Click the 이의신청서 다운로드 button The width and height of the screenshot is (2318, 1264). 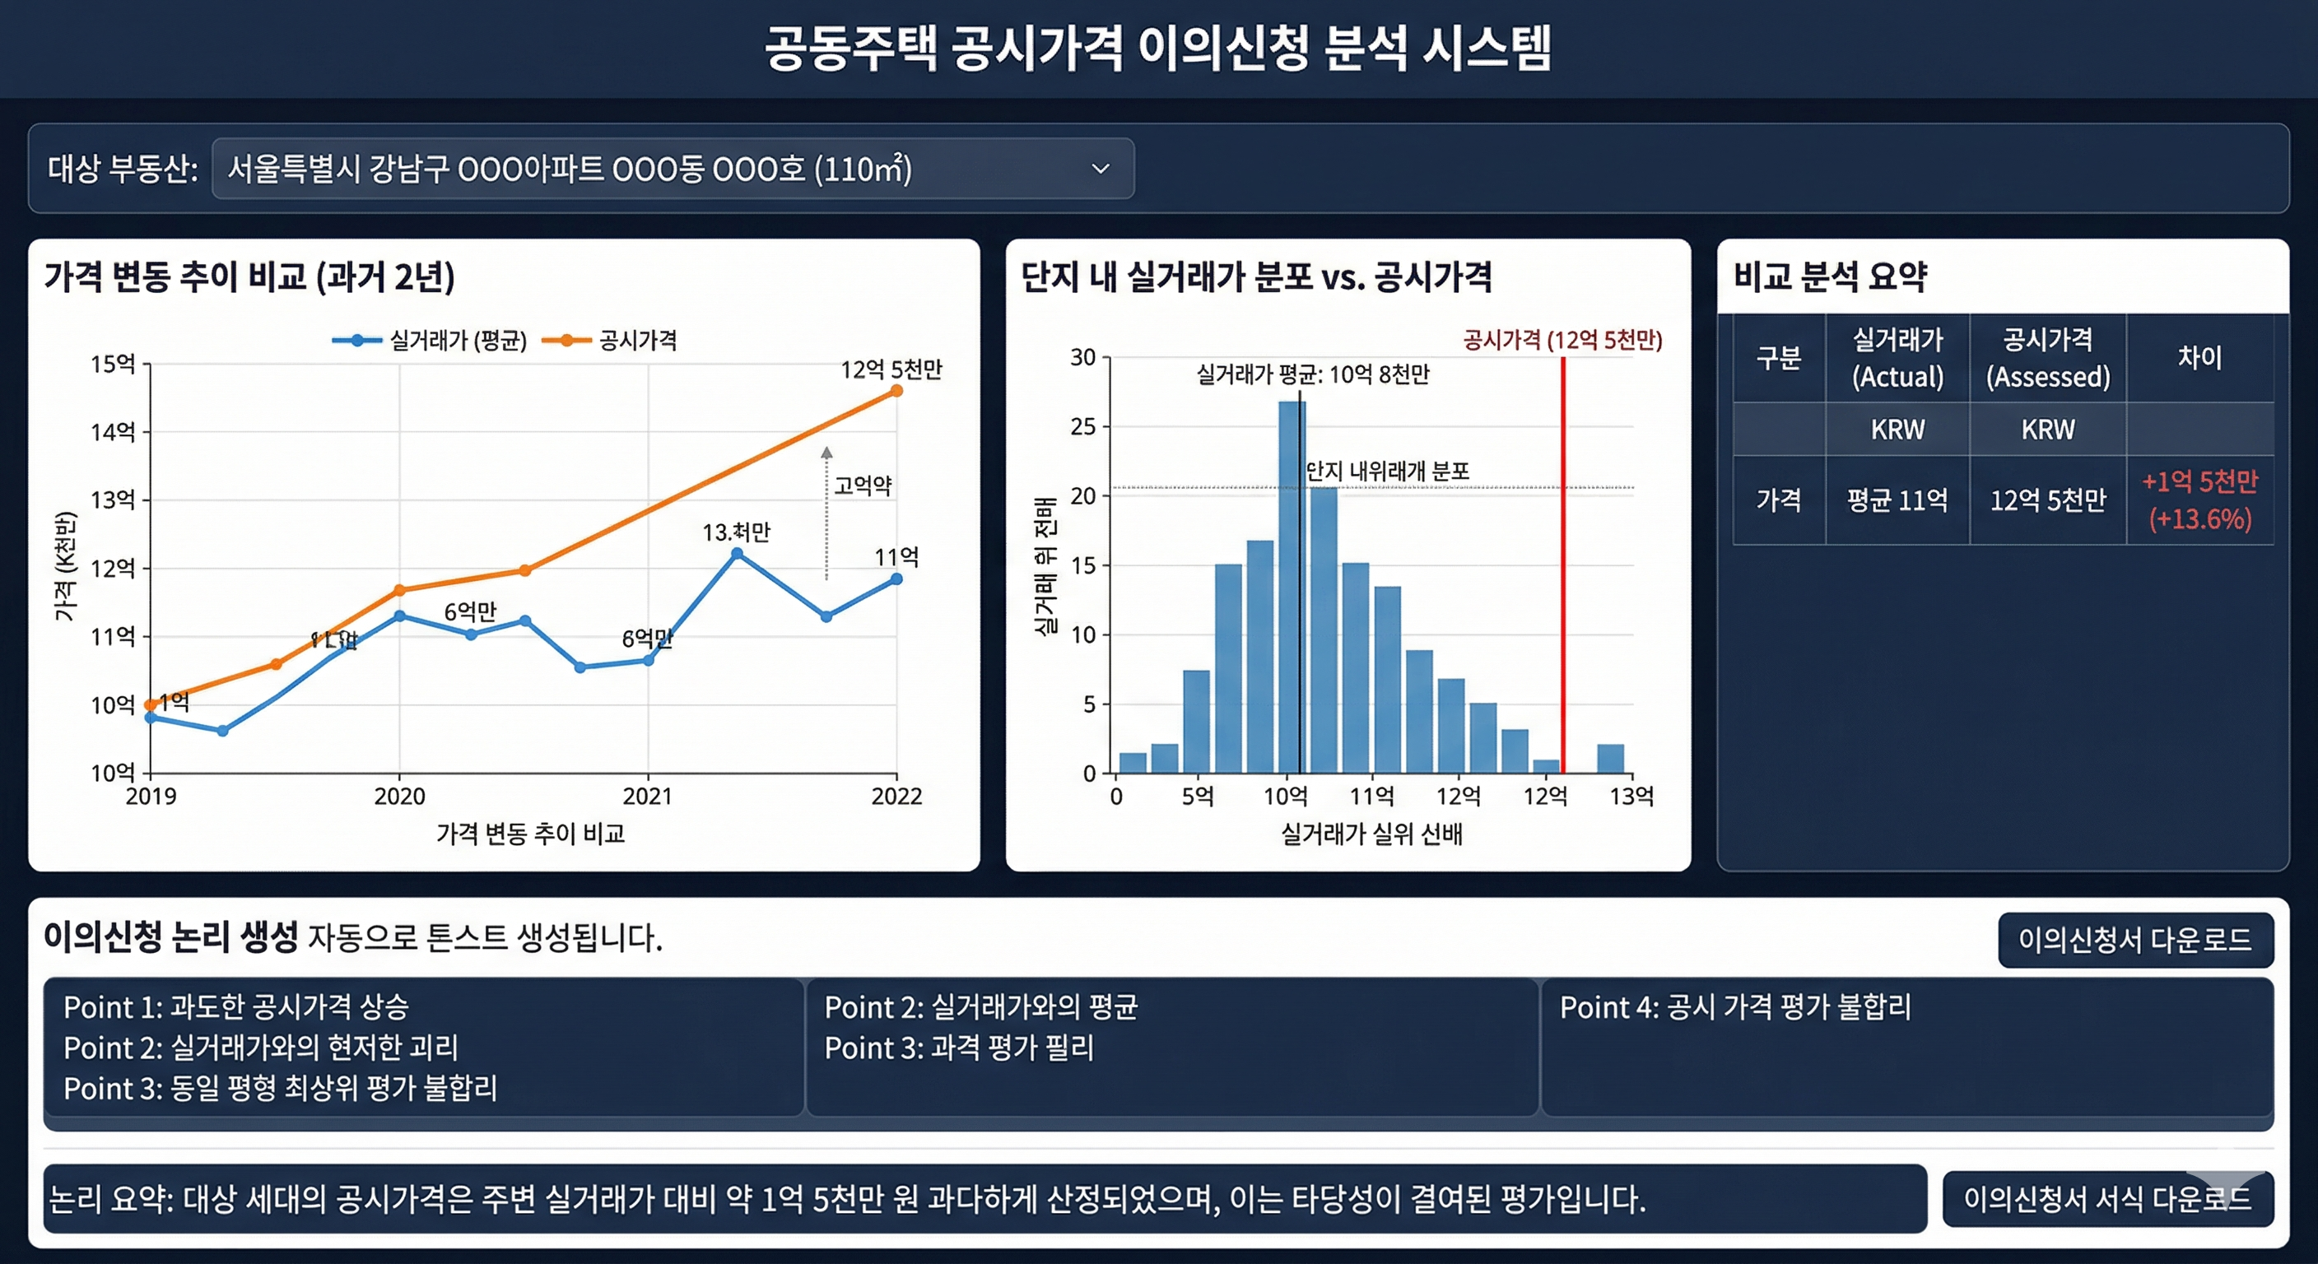tap(2134, 940)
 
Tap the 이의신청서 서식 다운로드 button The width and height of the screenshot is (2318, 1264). tap(2106, 1198)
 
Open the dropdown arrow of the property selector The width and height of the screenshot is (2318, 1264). tap(1100, 168)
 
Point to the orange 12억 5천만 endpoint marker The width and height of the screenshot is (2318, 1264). tap(896, 390)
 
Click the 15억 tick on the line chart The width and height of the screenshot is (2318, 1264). tap(114, 364)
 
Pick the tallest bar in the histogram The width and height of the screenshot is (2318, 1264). tap(1292, 585)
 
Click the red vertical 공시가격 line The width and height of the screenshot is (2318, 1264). tap(1563, 567)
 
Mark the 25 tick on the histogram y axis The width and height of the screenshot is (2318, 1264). tap(1083, 426)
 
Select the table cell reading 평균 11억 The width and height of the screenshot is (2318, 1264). tap(1897, 500)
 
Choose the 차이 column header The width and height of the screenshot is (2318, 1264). tap(2199, 357)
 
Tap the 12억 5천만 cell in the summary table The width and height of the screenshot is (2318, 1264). tap(2047, 500)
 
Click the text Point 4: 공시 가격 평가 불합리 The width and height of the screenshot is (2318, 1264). tap(1735, 1006)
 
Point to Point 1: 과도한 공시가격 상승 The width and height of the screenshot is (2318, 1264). tap(235, 1006)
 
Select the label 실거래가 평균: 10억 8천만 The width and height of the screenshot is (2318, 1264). tap(1312, 374)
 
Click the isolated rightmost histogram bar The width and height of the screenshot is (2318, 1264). tap(1610, 759)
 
